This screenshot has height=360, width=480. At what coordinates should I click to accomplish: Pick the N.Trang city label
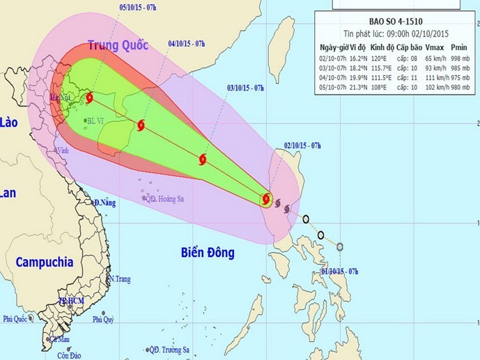[x=119, y=279]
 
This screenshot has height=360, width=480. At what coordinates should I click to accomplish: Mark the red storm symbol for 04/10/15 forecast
[x=142, y=126]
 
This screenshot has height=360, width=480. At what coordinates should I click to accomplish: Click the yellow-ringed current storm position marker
[x=267, y=200]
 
